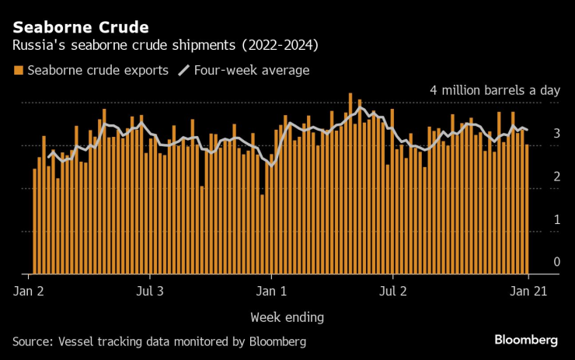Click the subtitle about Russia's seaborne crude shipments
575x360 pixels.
point(166,46)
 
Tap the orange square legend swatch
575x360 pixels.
point(18,71)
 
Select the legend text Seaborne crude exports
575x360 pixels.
point(98,71)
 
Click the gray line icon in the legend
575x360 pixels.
point(183,71)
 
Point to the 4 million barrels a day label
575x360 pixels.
point(494,90)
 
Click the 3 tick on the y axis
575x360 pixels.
point(556,134)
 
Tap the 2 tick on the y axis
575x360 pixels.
point(556,177)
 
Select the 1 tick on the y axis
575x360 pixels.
point(556,219)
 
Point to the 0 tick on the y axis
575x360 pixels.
point(556,262)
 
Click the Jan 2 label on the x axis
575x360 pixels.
point(28,292)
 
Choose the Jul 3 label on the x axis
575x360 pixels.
point(150,292)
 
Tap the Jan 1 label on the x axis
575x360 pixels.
point(271,292)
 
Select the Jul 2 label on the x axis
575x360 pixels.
point(393,292)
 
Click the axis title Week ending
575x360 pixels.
point(287,316)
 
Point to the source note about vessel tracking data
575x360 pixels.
point(159,341)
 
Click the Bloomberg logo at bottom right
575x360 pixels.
point(526,340)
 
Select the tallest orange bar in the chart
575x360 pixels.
point(350,183)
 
